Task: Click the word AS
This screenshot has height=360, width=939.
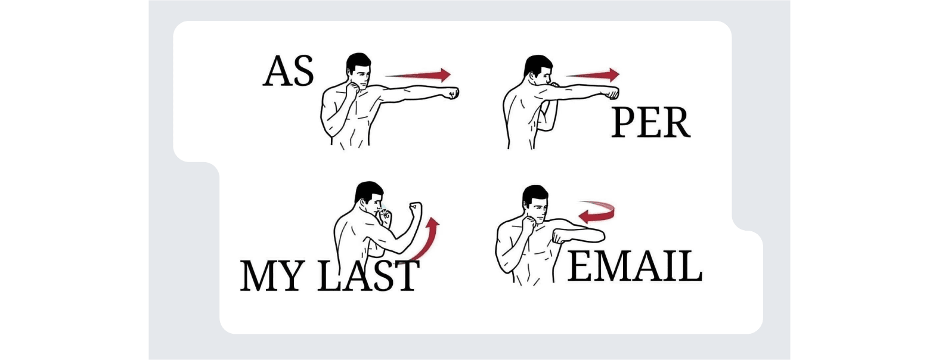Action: click(289, 71)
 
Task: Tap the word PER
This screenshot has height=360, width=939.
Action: click(650, 122)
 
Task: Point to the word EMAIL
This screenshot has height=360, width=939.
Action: click(635, 266)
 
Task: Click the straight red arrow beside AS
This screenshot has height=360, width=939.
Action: click(417, 75)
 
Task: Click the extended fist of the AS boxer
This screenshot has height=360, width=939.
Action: click(453, 93)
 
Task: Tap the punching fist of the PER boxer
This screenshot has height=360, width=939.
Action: click(612, 93)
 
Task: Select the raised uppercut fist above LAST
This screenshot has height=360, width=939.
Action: click(416, 208)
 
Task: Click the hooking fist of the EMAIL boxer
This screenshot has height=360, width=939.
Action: click(560, 237)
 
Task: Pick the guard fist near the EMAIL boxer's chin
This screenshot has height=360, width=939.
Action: click(529, 222)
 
